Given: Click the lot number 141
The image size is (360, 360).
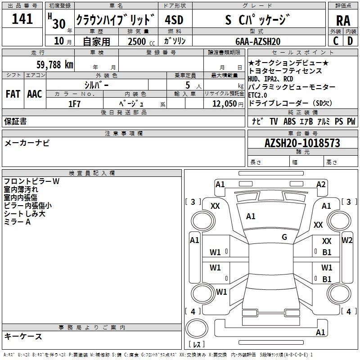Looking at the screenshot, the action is [22, 18].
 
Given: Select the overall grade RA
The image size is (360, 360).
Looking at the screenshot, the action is [343, 21].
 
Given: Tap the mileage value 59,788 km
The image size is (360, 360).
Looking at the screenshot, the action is [54, 64].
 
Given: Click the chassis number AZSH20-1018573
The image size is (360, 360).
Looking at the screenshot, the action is [302, 143].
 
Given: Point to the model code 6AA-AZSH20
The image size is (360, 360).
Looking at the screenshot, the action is [258, 41].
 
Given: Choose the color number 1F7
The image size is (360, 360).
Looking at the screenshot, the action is [74, 104].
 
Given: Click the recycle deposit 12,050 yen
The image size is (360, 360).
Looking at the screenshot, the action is [228, 104].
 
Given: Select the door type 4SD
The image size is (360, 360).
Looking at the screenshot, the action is [174, 20].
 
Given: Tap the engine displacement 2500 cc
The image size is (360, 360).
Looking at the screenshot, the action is [141, 41].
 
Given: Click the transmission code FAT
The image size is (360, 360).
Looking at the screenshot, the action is [13, 94].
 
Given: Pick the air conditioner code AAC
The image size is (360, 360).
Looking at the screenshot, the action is [35, 94].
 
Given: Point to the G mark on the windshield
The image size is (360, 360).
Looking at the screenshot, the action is [284, 237].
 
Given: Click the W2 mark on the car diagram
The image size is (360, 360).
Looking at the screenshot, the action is [347, 240].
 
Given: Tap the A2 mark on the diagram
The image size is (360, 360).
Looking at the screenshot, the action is [321, 184].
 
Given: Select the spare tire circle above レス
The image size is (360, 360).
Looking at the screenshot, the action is [197, 328].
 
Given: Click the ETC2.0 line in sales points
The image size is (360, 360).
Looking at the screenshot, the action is [257, 95].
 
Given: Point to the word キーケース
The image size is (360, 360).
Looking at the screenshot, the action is [23, 337].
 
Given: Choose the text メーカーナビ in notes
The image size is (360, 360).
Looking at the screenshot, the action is [27, 143].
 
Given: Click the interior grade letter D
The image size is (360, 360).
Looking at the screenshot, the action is [350, 41].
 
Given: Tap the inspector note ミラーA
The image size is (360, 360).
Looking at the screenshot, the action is [17, 222].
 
